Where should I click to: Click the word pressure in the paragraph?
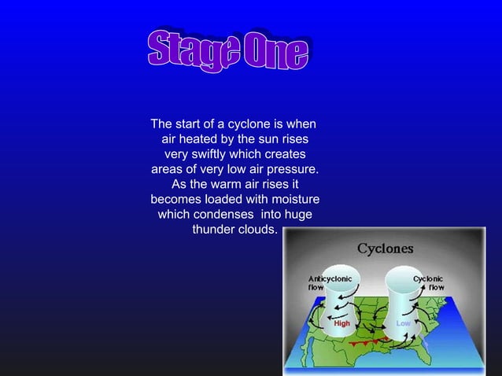click(292, 169)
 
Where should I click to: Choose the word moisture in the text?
click(292, 199)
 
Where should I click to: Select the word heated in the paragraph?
click(212, 139)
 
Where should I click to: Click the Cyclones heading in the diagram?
click(386, 249)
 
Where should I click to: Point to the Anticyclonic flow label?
click(330, 282)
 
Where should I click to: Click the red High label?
click(342, 323)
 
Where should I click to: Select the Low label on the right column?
click(403, 323)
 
